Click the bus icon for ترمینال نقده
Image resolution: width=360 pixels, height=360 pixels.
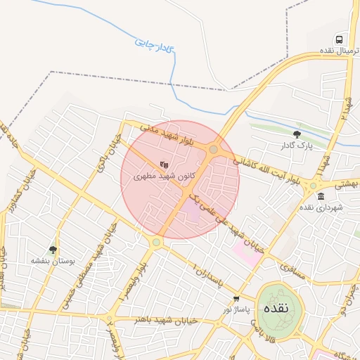click(x=340, y=40)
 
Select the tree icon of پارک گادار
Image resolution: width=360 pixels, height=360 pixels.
click(x=297, y=134)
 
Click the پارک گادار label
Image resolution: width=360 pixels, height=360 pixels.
click(x=295, y=146)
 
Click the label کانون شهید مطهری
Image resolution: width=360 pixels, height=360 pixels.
click(x=165, y=175)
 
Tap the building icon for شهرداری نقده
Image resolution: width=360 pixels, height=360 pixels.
click(x=321, y=196)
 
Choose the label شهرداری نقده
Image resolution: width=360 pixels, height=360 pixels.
click(x=320, y=208)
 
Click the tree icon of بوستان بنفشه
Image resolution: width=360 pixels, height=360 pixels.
click(x=53, y=249)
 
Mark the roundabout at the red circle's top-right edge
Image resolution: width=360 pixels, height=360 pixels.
click(x=213, y=149)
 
